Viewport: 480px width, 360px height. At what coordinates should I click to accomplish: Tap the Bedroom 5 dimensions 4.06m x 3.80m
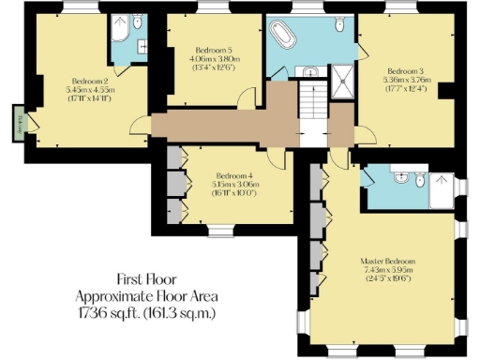(x=215, y=57)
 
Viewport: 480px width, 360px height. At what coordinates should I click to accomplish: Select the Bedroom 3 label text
(x=406, y=70)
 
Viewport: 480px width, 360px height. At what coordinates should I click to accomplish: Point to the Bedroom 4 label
(x=233, y=176)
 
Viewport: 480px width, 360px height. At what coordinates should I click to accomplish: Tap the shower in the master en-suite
(x=442, y=190)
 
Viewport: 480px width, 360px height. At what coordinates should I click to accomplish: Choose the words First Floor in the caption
(x=146, y=279)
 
